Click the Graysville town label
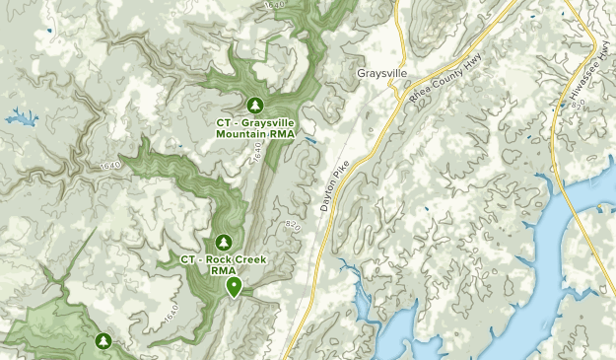click(381, 74)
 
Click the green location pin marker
click(235, 286)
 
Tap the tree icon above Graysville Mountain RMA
click(255, 105)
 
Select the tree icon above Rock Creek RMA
click(223, 242)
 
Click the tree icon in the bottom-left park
click(102, 341)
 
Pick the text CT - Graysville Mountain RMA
click(255, 128)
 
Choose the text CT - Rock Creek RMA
click(223, 264)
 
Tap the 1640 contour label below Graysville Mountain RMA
click(258, 154)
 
